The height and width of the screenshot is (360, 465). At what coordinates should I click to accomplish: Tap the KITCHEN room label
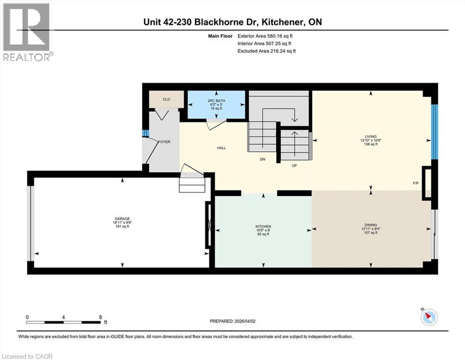tap(263, 226)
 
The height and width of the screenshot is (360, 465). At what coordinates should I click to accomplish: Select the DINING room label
tap(371, 225)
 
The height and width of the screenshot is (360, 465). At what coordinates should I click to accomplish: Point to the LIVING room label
tap(371, 137)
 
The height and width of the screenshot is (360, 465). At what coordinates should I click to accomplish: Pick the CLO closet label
tap(166, 99)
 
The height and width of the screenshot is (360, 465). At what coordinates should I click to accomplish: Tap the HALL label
tap(221, 148)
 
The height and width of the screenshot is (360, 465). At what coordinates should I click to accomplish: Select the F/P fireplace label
tap(415, 183)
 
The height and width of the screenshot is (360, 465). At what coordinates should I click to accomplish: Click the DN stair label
tap(263, 159)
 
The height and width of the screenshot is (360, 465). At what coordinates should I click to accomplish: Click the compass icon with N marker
tap(428, 317)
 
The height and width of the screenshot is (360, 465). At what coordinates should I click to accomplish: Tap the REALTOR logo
tap(27, 32)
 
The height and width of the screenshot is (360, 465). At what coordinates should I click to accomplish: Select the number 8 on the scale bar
tap(100, 317)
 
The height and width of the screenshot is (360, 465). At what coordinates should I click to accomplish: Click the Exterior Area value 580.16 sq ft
tap(279, 36)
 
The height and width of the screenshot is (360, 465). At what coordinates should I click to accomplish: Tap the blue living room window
tap(435, 132)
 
